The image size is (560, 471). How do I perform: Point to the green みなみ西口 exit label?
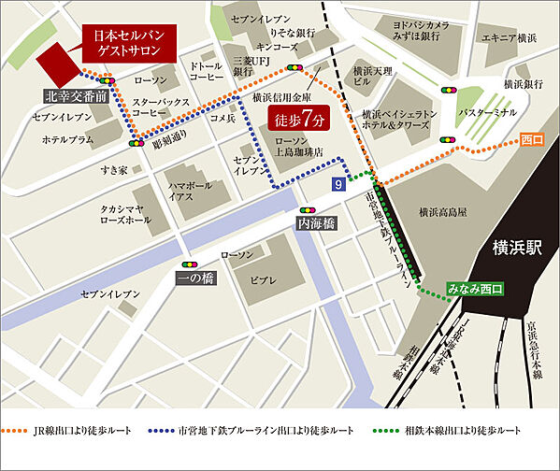point(475,291)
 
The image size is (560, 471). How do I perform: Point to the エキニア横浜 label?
point(509,38)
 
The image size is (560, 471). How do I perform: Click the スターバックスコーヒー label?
point(157,107)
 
